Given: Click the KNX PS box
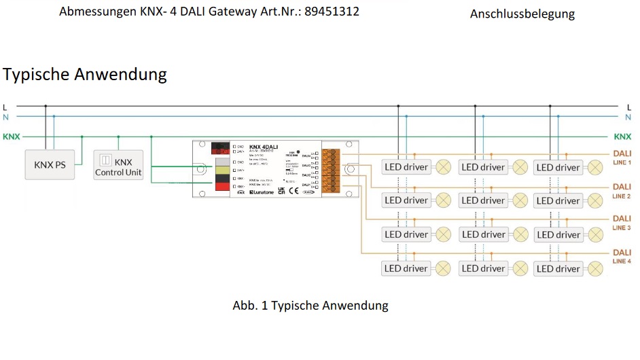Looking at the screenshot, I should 50,164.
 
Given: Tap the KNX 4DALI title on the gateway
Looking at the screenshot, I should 264,147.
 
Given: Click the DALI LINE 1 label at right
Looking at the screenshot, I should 621,158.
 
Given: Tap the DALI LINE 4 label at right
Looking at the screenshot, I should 621,256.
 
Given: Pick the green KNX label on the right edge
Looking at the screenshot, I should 622,137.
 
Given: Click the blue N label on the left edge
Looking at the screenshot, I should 5,117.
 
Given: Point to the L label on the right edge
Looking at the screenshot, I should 629,107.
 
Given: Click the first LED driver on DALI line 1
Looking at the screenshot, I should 406,167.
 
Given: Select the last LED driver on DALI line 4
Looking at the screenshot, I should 558,269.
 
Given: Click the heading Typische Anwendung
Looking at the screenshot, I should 85,74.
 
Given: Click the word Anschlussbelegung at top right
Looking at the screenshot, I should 522,14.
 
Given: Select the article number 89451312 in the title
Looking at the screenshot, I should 332,12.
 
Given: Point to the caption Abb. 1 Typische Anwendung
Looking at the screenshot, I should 310,306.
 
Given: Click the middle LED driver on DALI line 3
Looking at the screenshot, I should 482,235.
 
